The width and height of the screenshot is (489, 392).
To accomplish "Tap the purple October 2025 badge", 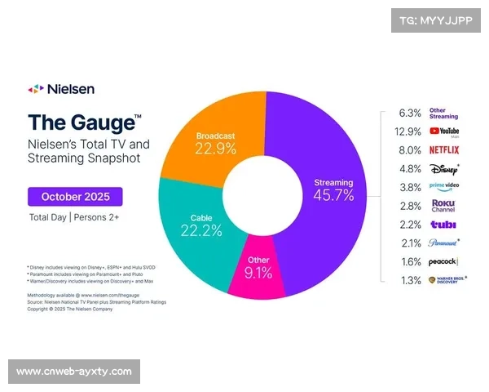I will (75, 196).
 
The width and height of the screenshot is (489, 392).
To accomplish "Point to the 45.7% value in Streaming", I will (334, 196).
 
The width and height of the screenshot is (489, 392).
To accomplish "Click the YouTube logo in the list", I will (444, 131).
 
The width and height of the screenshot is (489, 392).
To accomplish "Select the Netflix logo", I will (444, 150).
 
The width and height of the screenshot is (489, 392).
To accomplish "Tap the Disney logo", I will (444, 169).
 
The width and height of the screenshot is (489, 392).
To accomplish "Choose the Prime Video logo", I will (444, 187).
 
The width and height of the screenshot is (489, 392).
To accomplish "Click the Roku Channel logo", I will (443, 206).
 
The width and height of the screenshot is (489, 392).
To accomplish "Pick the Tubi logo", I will (443, 225).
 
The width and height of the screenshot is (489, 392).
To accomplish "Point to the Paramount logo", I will (444, 243).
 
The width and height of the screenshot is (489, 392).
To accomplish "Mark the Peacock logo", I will (444, 261).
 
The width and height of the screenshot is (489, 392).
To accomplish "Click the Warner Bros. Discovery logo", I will (444, 281).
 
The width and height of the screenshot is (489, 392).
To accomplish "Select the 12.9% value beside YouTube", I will (407, 131).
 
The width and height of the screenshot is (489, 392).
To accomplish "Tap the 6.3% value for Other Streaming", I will (410, 113).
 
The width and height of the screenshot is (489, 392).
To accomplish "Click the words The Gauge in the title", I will (81, 123).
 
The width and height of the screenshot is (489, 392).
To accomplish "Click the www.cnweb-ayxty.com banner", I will (74, 372).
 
